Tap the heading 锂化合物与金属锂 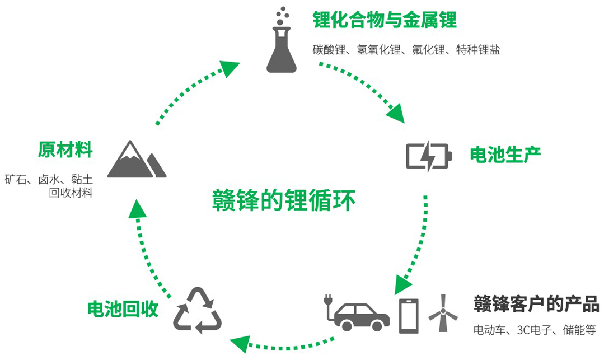coord(385,20)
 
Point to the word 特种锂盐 coord(478,50)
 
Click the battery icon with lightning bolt coord(427,156)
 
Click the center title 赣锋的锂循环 coord(284,200)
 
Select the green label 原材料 coord(65,150)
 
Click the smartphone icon coord(409,315)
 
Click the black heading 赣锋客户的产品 coord(536,305)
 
